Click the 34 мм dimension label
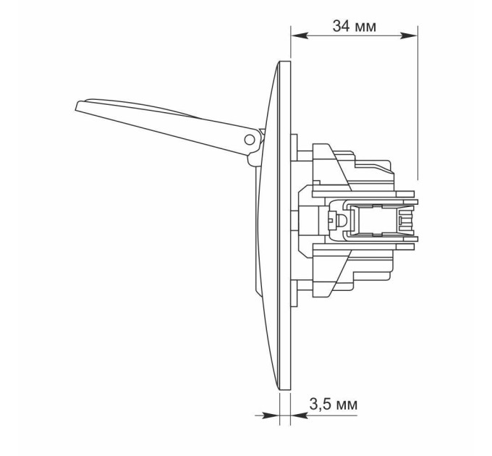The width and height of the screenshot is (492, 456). coord(355,26)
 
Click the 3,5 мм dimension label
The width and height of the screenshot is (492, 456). coord(334,404)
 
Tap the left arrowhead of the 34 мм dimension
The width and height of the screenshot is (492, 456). coord(300,35)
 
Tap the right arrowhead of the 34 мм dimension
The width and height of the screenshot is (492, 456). coord(409,35)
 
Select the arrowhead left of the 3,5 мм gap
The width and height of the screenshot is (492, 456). coord(271,415)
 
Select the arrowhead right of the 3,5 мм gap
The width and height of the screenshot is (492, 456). coord(299,415)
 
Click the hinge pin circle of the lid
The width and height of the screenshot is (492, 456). coord(250,140)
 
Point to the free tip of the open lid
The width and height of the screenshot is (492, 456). coord(76,106)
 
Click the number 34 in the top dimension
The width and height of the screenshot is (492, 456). coord(341,26)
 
